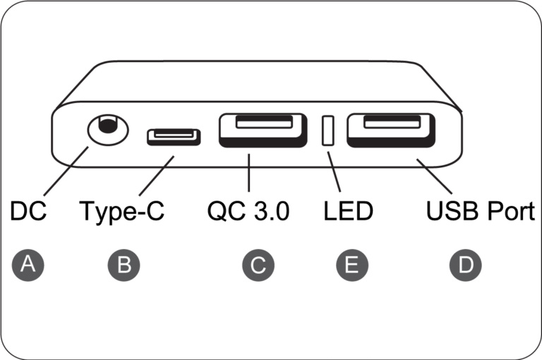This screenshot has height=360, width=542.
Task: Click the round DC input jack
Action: pyautogui.click(x=108, y=131)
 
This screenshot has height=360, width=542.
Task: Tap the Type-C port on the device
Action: pyautogui.click(x=174, y=137)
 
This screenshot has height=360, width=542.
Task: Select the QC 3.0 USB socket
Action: pyautogui.click(x=263, y=130)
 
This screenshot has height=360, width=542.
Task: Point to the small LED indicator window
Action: pyautogui.click(x=327, y=131)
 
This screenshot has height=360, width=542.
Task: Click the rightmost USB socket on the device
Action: pyautogui.click(x=391, y=130)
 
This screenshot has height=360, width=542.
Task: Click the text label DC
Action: pyautogui.click(x=28, y=210)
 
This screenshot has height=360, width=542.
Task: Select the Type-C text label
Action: pyautogui.click(x=121, y=212)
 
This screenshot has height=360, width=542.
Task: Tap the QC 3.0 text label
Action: pyautogui.click(x=248, y=211)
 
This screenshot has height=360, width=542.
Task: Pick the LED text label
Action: pyautogui.click(x=348, y=210)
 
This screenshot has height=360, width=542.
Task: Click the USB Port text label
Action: pyautogui.click(x=481, y=210)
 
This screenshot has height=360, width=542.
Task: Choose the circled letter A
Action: pyautogui.click(x=28, y=265)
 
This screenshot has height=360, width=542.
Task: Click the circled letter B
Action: pyautogui.click(x=124, y=265)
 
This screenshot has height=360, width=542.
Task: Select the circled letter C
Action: pyautogui.click(x=258, y=265)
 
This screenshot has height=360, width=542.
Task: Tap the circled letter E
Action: pyautogui.click(x=352, y=265)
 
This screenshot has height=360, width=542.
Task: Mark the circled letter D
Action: pyautogui.click(x=465, y=265)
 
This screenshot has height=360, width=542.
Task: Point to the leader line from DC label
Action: pyautogui.click(x=66, y=171)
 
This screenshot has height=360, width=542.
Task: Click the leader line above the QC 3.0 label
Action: pyautogui.click(x=249, y=172)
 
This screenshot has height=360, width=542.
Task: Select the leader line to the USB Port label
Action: pyautogui.click(x=435, y=176)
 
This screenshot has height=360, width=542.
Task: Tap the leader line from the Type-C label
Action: pyautogui.click(x=157, y=176)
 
